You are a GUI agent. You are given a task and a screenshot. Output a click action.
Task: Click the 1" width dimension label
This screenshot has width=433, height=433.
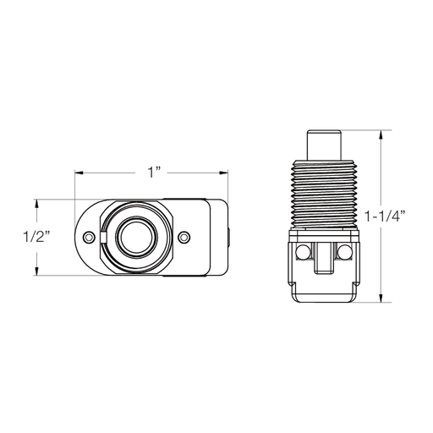(153, 173)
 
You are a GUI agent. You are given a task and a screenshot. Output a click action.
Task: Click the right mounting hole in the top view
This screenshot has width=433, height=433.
(186, 237)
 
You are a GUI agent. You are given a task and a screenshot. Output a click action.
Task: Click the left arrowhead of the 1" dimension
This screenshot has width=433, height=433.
(78, 173)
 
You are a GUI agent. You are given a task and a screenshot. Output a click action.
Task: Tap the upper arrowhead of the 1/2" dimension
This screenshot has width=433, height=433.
(36, 203)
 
